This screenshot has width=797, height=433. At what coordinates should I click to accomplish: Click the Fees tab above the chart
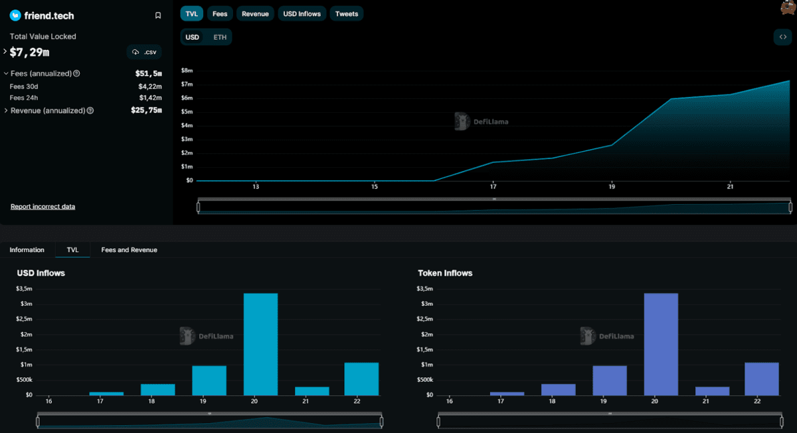pyautogui.click(x=219, y=14)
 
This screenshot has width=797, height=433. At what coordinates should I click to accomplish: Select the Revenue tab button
pyautogui.click(x=255, y=14)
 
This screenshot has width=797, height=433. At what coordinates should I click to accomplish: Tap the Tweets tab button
pyautogui.click(x=346, y=14)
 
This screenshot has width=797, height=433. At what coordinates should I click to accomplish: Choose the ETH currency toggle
pyautogui.click(x=220, y=37)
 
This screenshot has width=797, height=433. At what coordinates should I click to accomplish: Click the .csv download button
pyautogui.click(x=144, y=52)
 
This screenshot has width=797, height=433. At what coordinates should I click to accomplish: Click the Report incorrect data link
pyautogui.click(x=43, y=207)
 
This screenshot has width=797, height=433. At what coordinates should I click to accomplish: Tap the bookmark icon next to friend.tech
pyautogui.click(x=157, y=15)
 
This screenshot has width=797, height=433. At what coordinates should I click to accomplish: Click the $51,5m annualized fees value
pyautogui.click(x=148, y=74)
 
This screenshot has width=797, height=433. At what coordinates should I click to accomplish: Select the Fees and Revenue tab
pyautogui.click(x=129, y=250)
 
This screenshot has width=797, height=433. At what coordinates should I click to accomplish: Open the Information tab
pyautogui.click(x=27, y=250)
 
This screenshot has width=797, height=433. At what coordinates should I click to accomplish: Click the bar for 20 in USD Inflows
pyautogui.click(x=260, y=344)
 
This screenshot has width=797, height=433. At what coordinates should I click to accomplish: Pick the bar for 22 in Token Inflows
pyautogui.click(x=762, y=379)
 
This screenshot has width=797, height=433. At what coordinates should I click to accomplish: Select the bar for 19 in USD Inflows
pyautogui.click(x=209, y=381)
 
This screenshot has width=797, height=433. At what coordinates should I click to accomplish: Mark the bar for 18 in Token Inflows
pyautogui.click(x=559, y=389)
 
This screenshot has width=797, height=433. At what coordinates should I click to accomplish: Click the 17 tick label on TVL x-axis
pyautogui.click(x=493, y=186)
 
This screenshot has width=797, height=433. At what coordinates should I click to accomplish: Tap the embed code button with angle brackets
pyautogui.click(x=782, y=37)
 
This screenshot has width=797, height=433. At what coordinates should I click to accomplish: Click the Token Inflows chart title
pyautogui.click(x=445, y=273)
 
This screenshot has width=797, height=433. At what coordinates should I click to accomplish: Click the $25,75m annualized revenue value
pyautogui.click(x=146, y=110)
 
